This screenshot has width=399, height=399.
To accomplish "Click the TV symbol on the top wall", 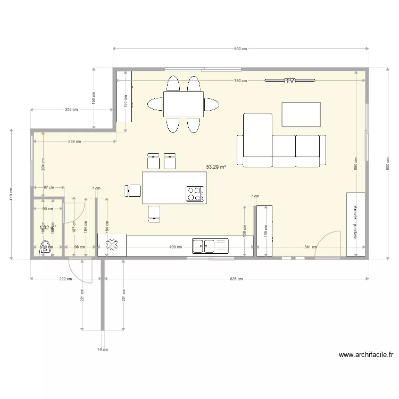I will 290,81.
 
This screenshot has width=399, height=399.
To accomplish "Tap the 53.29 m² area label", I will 216,167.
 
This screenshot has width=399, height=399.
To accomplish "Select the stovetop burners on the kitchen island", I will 195,194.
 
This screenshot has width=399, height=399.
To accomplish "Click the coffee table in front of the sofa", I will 302,114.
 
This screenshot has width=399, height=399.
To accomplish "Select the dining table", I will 184,104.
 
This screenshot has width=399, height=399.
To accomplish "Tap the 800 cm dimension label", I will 240,49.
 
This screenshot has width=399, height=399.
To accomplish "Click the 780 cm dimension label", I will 240,81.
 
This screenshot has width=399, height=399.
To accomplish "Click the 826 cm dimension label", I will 236,279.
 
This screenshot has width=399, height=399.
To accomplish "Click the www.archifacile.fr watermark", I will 365,355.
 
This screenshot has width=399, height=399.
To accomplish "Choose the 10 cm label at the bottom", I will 103,350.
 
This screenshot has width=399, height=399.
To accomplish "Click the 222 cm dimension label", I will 66,279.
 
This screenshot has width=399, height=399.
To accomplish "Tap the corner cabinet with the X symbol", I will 112,245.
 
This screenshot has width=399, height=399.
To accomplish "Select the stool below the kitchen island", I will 154,212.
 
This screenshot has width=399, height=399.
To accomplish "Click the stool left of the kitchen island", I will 134,190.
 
